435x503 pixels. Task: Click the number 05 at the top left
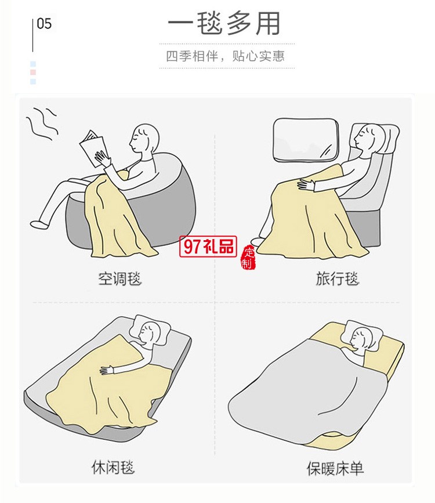tap(44, 24)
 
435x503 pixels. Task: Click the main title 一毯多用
tap(224, 24)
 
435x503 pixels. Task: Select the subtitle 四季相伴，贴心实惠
tap(226, 56)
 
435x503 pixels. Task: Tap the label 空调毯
tap(120, 279)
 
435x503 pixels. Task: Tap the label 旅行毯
tap(337, 279)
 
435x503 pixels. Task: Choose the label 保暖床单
tap(335, 468)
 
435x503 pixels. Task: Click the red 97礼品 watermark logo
tap(208, 247)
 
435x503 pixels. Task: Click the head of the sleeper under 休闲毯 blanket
tap(151, 335)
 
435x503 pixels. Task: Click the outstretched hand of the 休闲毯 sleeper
tap(108, 369)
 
